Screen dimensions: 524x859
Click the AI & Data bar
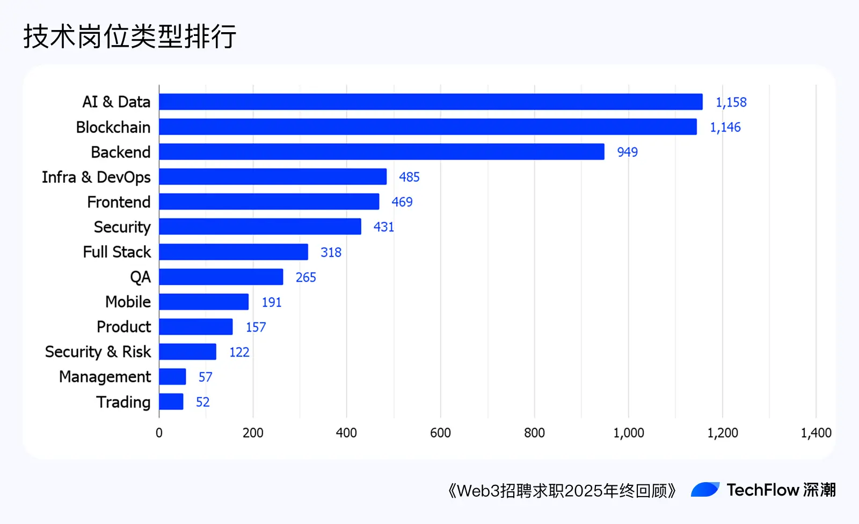[x=431, y=102]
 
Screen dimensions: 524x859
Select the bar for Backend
[x=382, y=152]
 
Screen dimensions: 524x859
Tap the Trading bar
[x=171, y=402]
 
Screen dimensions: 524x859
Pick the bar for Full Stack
[x=234, y=252]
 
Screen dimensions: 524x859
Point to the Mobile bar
[x=204, y=302]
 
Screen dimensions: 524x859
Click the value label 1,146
[x=725, y=127]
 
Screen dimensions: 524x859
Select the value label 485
[x=409, y=177]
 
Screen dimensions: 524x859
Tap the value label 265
[x=305, y=277]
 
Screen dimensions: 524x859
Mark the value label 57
[x=205, y=377]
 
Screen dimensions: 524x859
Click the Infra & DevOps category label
[x=96, y=177]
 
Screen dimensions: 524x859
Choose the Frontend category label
[x=119, y=202]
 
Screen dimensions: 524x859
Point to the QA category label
[x=140, y=277]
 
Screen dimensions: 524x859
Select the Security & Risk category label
[x=98, y=352]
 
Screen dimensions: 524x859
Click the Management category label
[x=105, y=377]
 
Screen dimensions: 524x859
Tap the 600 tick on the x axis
[x=440, y=433]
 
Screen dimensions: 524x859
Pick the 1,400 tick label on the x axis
[x=816, y=433]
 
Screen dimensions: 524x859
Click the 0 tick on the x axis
[x=159, y=433]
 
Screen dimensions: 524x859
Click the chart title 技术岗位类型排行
[x=129, y=36]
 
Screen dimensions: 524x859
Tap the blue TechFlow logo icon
[x=705, y=490]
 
